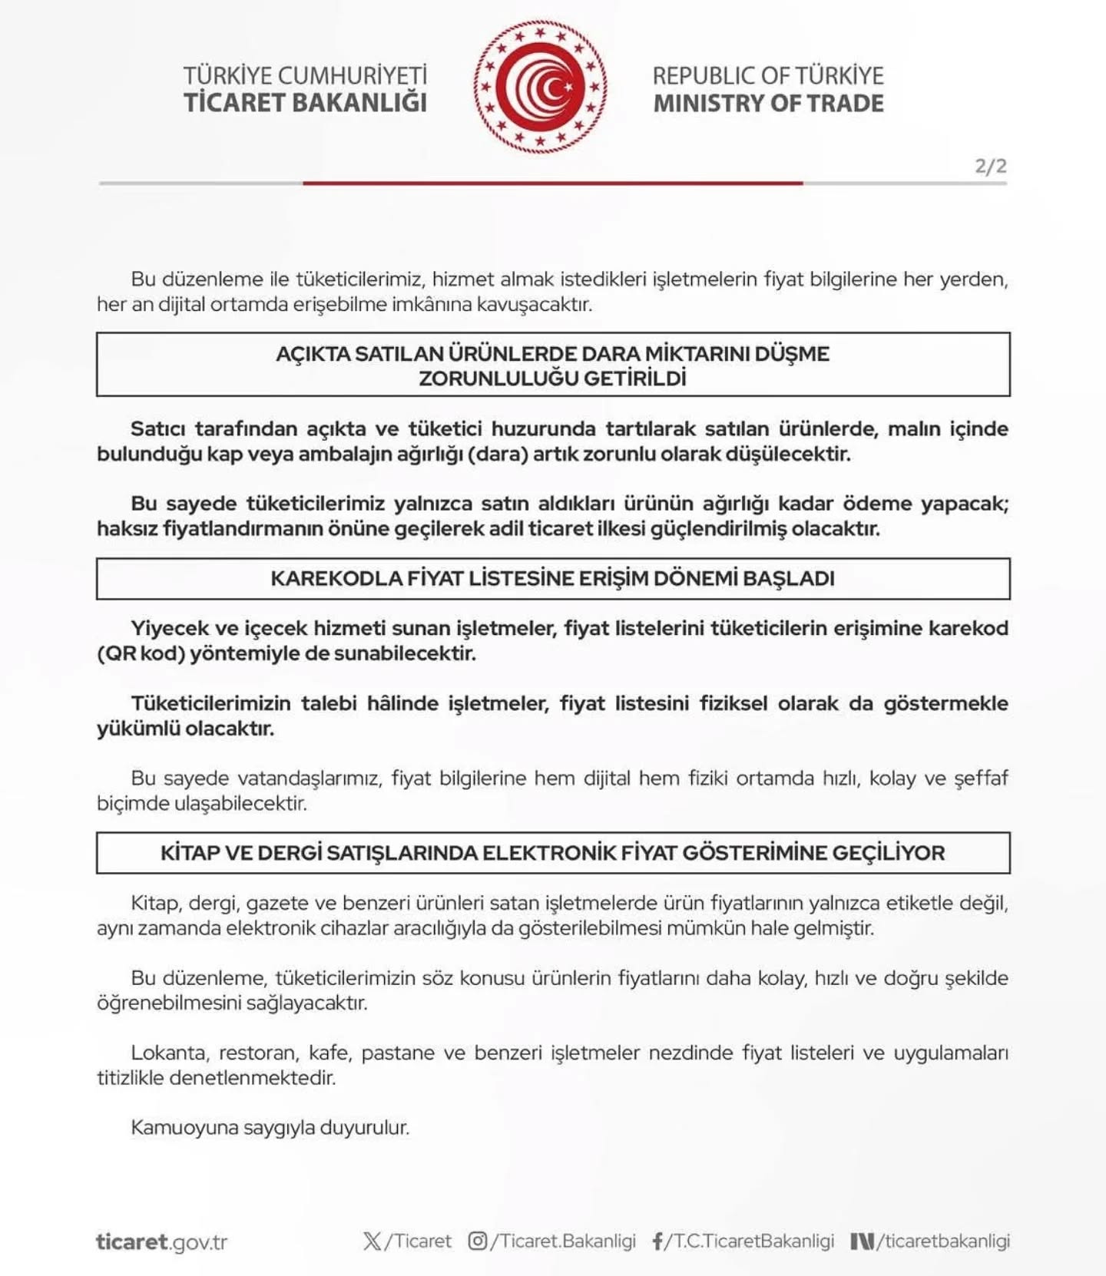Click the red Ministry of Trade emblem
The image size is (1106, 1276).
click(540, 87)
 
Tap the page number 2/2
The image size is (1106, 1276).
click(990, 166)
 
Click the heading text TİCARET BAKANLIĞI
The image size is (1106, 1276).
click(305, 103)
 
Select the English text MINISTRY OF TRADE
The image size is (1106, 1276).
click(768, 104)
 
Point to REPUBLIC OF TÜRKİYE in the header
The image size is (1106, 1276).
click(768, 76)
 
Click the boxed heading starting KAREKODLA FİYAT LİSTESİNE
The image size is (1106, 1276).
click(552, 578)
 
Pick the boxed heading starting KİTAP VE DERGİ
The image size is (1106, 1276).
click(552, 853)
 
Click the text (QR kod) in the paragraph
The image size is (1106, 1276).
click(141, 653)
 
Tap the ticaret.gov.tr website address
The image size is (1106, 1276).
click(162, 1241)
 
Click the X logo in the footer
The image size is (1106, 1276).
click(372, 1241)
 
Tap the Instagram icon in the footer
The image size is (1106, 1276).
click(477, 1241)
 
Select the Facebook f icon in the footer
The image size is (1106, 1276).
click(657, 1241)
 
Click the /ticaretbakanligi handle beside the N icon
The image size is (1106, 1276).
click(944, 1241)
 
